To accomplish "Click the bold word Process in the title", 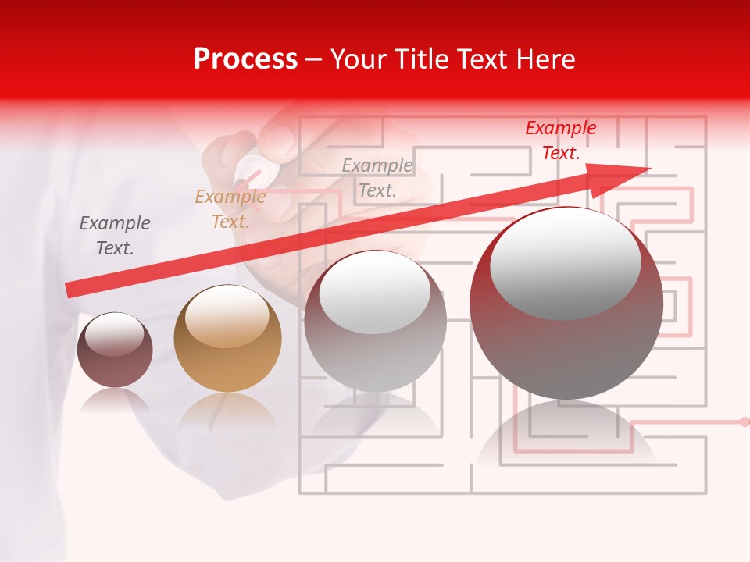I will [x=245, y=59].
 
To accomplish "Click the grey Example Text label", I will [x=115, y=236].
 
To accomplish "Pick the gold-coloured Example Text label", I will [x=230, y=209].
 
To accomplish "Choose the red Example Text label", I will [x=560, y=140].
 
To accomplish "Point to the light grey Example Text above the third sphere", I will [x=377, y=177].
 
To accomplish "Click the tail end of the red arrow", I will [x=70, y=290].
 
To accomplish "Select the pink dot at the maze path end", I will [x=744, y=421].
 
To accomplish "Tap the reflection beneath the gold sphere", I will [x=227, y=410].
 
